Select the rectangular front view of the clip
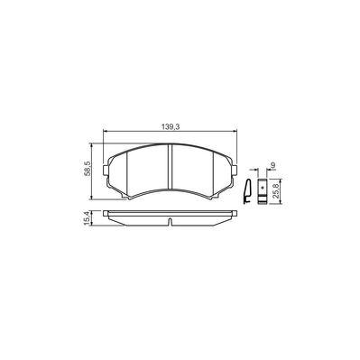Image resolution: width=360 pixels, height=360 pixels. pyautogui.click(x=262, y=192)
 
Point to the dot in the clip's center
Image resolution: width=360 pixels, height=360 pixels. pyautogui.click(x=262, y=190)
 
